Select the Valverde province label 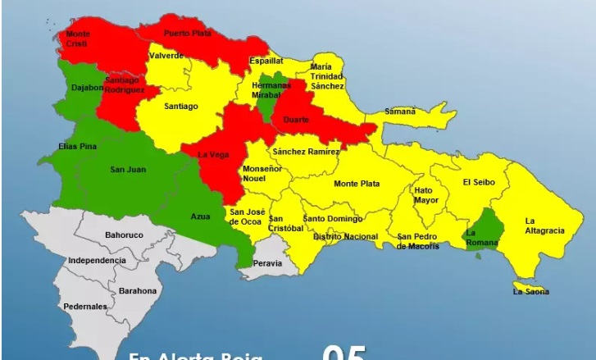click(166, 56)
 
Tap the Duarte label click(296, 120)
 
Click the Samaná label click(401, 111)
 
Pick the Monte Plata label click(356, 183)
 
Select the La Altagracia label click(544, 226)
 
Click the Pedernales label click(85, 307)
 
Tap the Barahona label click(137, 291)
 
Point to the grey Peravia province click(266, 263)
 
